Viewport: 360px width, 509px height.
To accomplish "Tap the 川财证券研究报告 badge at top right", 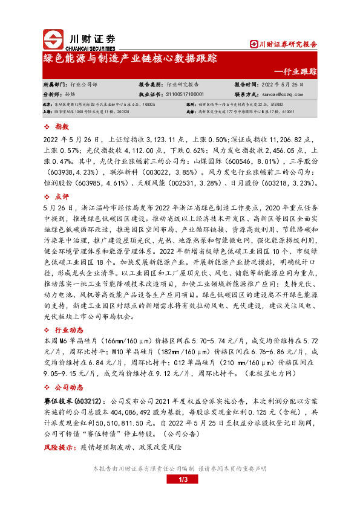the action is pyautogui.click(x=284, y=44).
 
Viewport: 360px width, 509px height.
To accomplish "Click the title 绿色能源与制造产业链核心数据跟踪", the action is pyautogui.click(x=126, y=59).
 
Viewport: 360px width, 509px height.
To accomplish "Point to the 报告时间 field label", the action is pyautogui.click(x=247, y=85).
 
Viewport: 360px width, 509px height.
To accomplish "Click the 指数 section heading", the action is pyautogui.click(x=62, y=126).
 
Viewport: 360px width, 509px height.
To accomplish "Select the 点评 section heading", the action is pyautogui.click(x=62, y=197).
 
